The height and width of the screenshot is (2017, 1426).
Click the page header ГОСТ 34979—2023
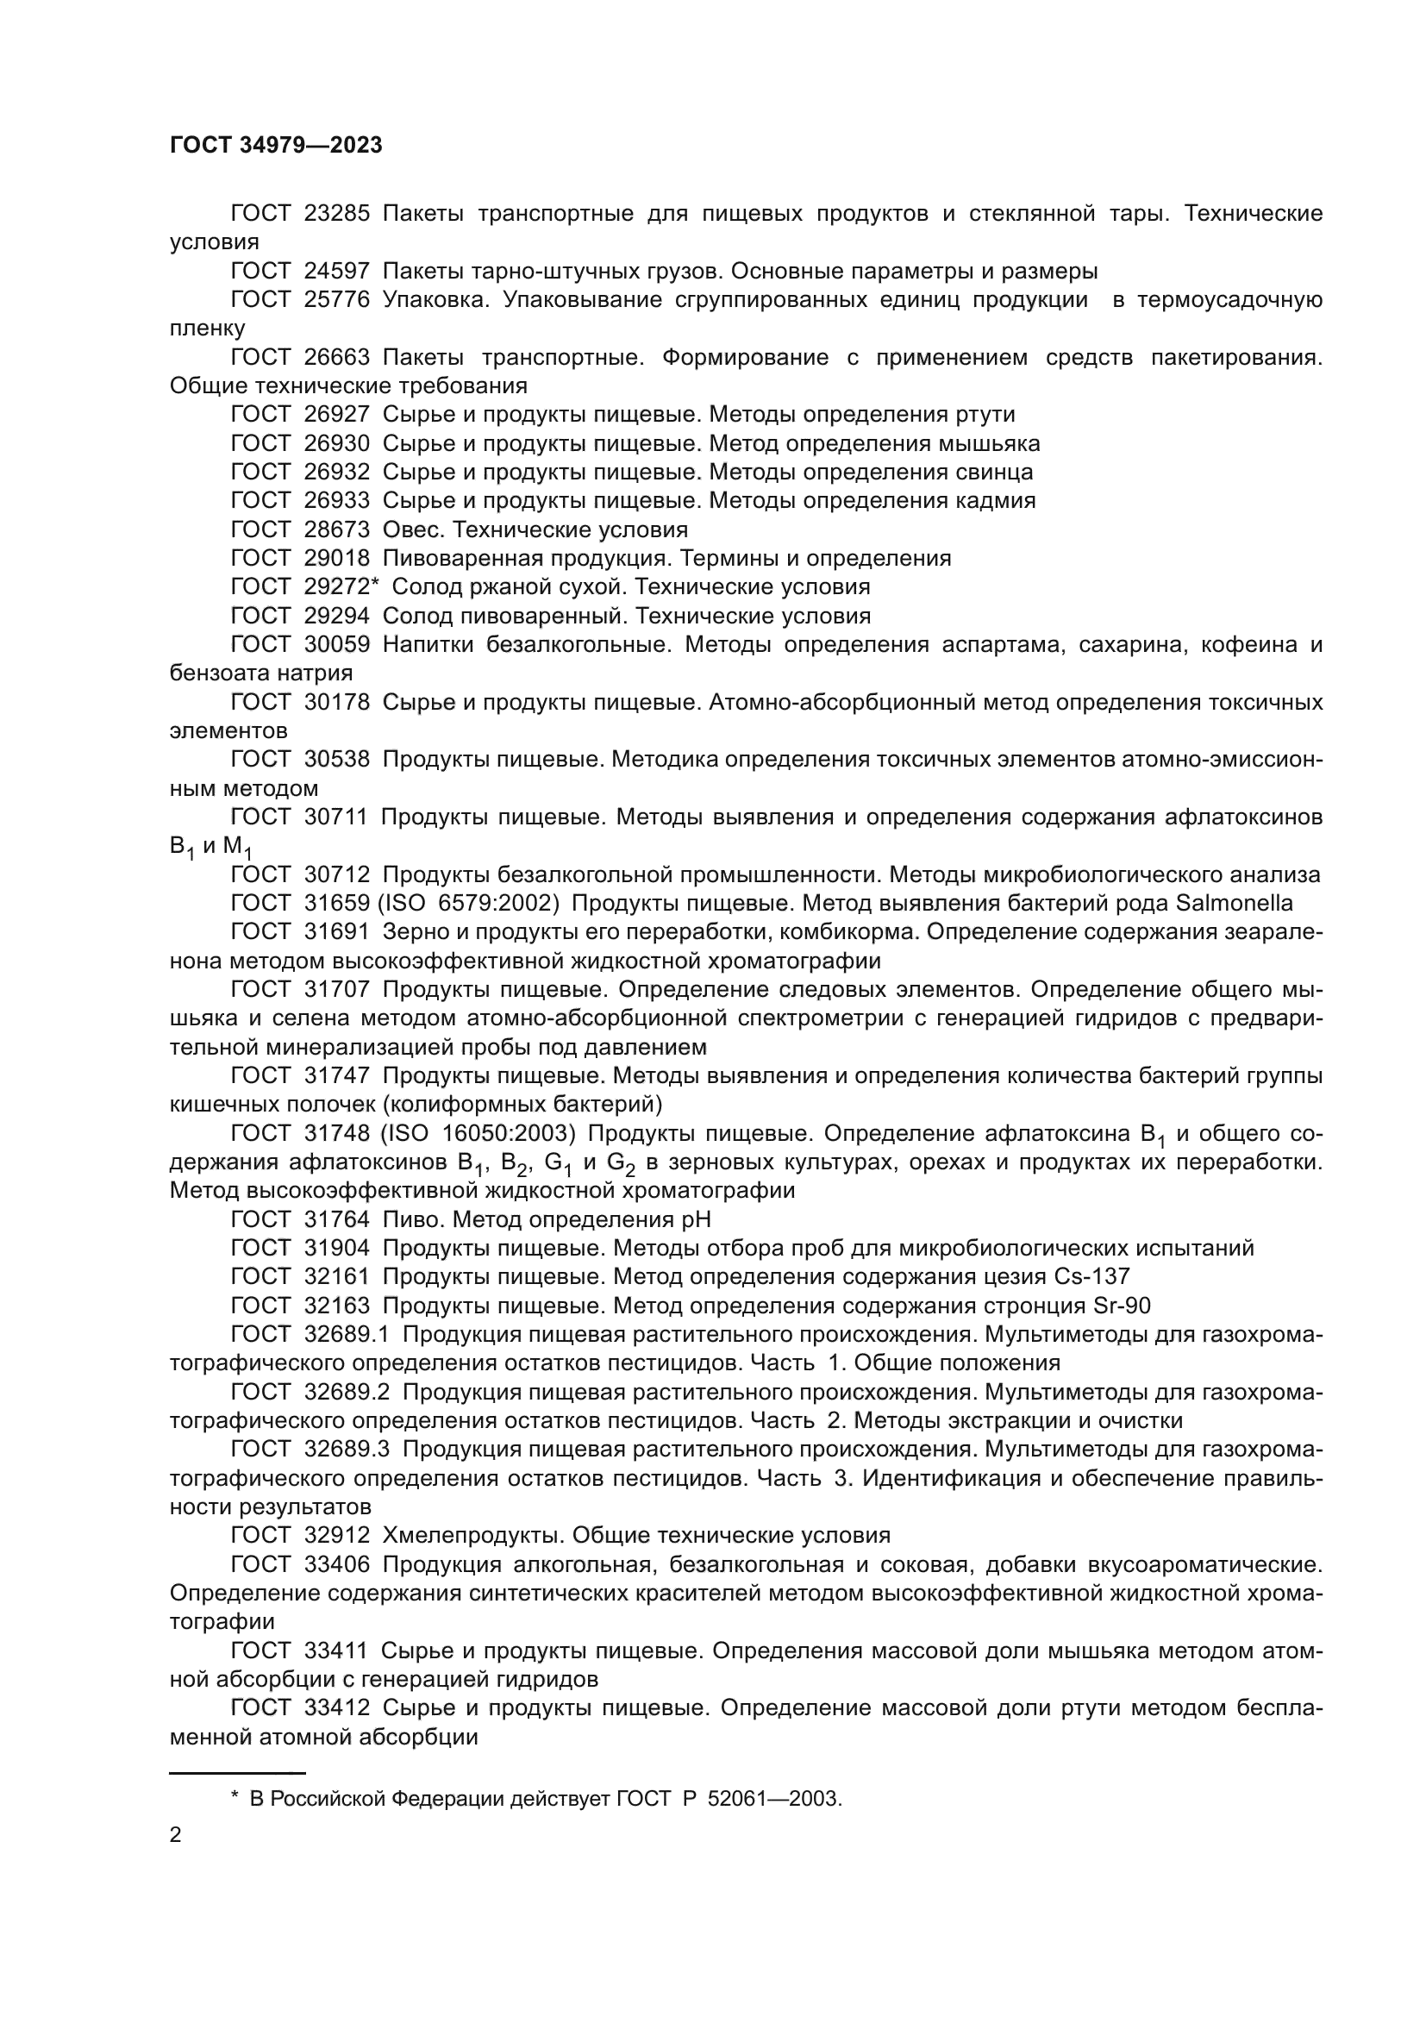coord(276,146)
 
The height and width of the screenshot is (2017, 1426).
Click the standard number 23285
coord(336,214)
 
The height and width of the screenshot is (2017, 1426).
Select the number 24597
coord(336,272)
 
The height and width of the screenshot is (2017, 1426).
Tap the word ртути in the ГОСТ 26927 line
coord(986,415)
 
